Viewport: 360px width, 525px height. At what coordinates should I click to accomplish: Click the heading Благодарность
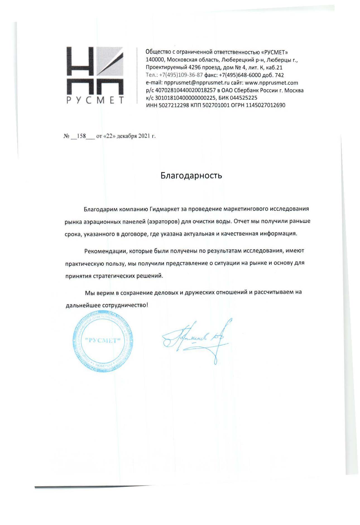[191, 175]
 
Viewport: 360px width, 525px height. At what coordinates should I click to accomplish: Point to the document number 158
[81, 136]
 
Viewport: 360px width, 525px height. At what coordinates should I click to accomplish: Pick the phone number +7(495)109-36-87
[181, 75]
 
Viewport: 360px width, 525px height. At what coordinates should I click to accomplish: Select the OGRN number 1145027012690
[265, 105]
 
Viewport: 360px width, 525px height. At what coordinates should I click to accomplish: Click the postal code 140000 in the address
[155, 60]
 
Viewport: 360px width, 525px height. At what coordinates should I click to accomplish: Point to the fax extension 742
[279, 75]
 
